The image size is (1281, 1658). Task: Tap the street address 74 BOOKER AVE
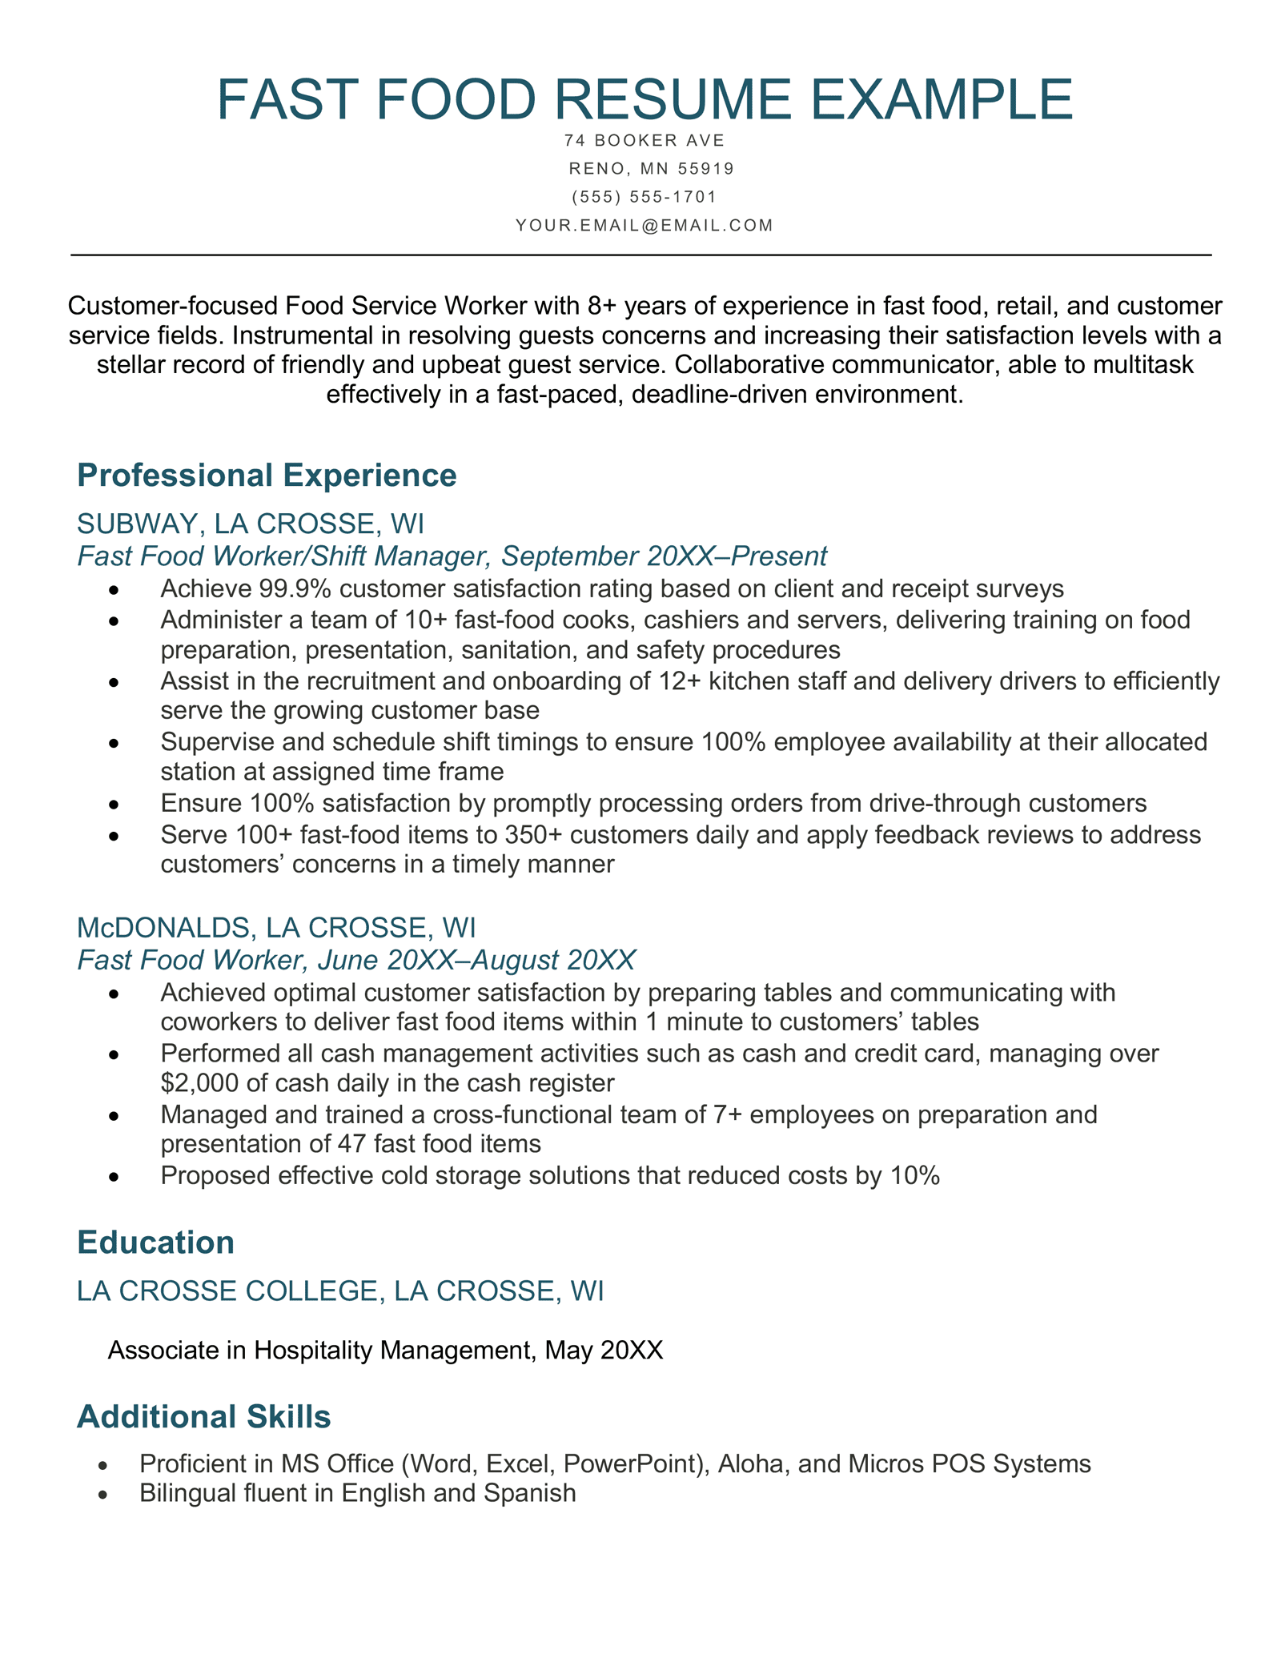645,141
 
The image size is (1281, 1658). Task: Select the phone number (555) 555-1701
645,197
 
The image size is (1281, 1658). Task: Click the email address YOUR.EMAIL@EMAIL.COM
645,226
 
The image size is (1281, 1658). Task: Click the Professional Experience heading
267,475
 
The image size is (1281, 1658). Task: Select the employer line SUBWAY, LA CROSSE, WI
251,524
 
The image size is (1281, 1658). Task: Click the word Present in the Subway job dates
779,556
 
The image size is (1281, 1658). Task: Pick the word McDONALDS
165,927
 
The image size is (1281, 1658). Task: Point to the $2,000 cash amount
191,1083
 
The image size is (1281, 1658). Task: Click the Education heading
155,1242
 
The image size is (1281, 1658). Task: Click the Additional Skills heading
203,1416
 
